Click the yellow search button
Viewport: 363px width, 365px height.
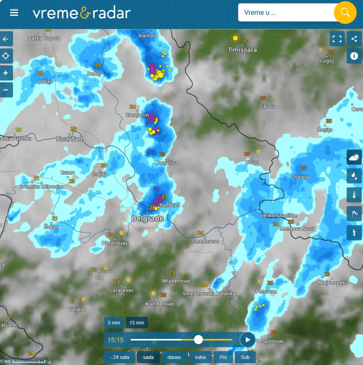(345, 12)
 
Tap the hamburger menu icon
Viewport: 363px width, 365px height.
(14, 13)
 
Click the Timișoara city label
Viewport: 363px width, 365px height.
(242, 50)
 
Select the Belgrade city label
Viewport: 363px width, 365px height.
(147, 219)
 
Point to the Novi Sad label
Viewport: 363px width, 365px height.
(69, 139)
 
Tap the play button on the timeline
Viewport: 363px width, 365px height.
(247, 340)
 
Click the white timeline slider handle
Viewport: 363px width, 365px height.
(198, 340)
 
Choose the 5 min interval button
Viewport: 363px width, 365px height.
(114, 323)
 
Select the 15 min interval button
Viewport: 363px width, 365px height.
(137, 323)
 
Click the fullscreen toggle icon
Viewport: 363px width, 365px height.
(337, 39)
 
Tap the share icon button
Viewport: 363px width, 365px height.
(354, 39)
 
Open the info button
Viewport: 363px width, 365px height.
(354, 56)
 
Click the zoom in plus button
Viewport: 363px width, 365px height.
(6, 73)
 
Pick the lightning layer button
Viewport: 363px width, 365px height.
(354, 233)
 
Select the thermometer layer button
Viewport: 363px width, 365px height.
(354, 195)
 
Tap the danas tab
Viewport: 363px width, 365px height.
(174, 357)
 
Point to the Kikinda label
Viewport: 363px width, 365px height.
(147, 36)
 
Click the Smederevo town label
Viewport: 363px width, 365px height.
(205, 241)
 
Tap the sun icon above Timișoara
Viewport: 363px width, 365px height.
(235, 38)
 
